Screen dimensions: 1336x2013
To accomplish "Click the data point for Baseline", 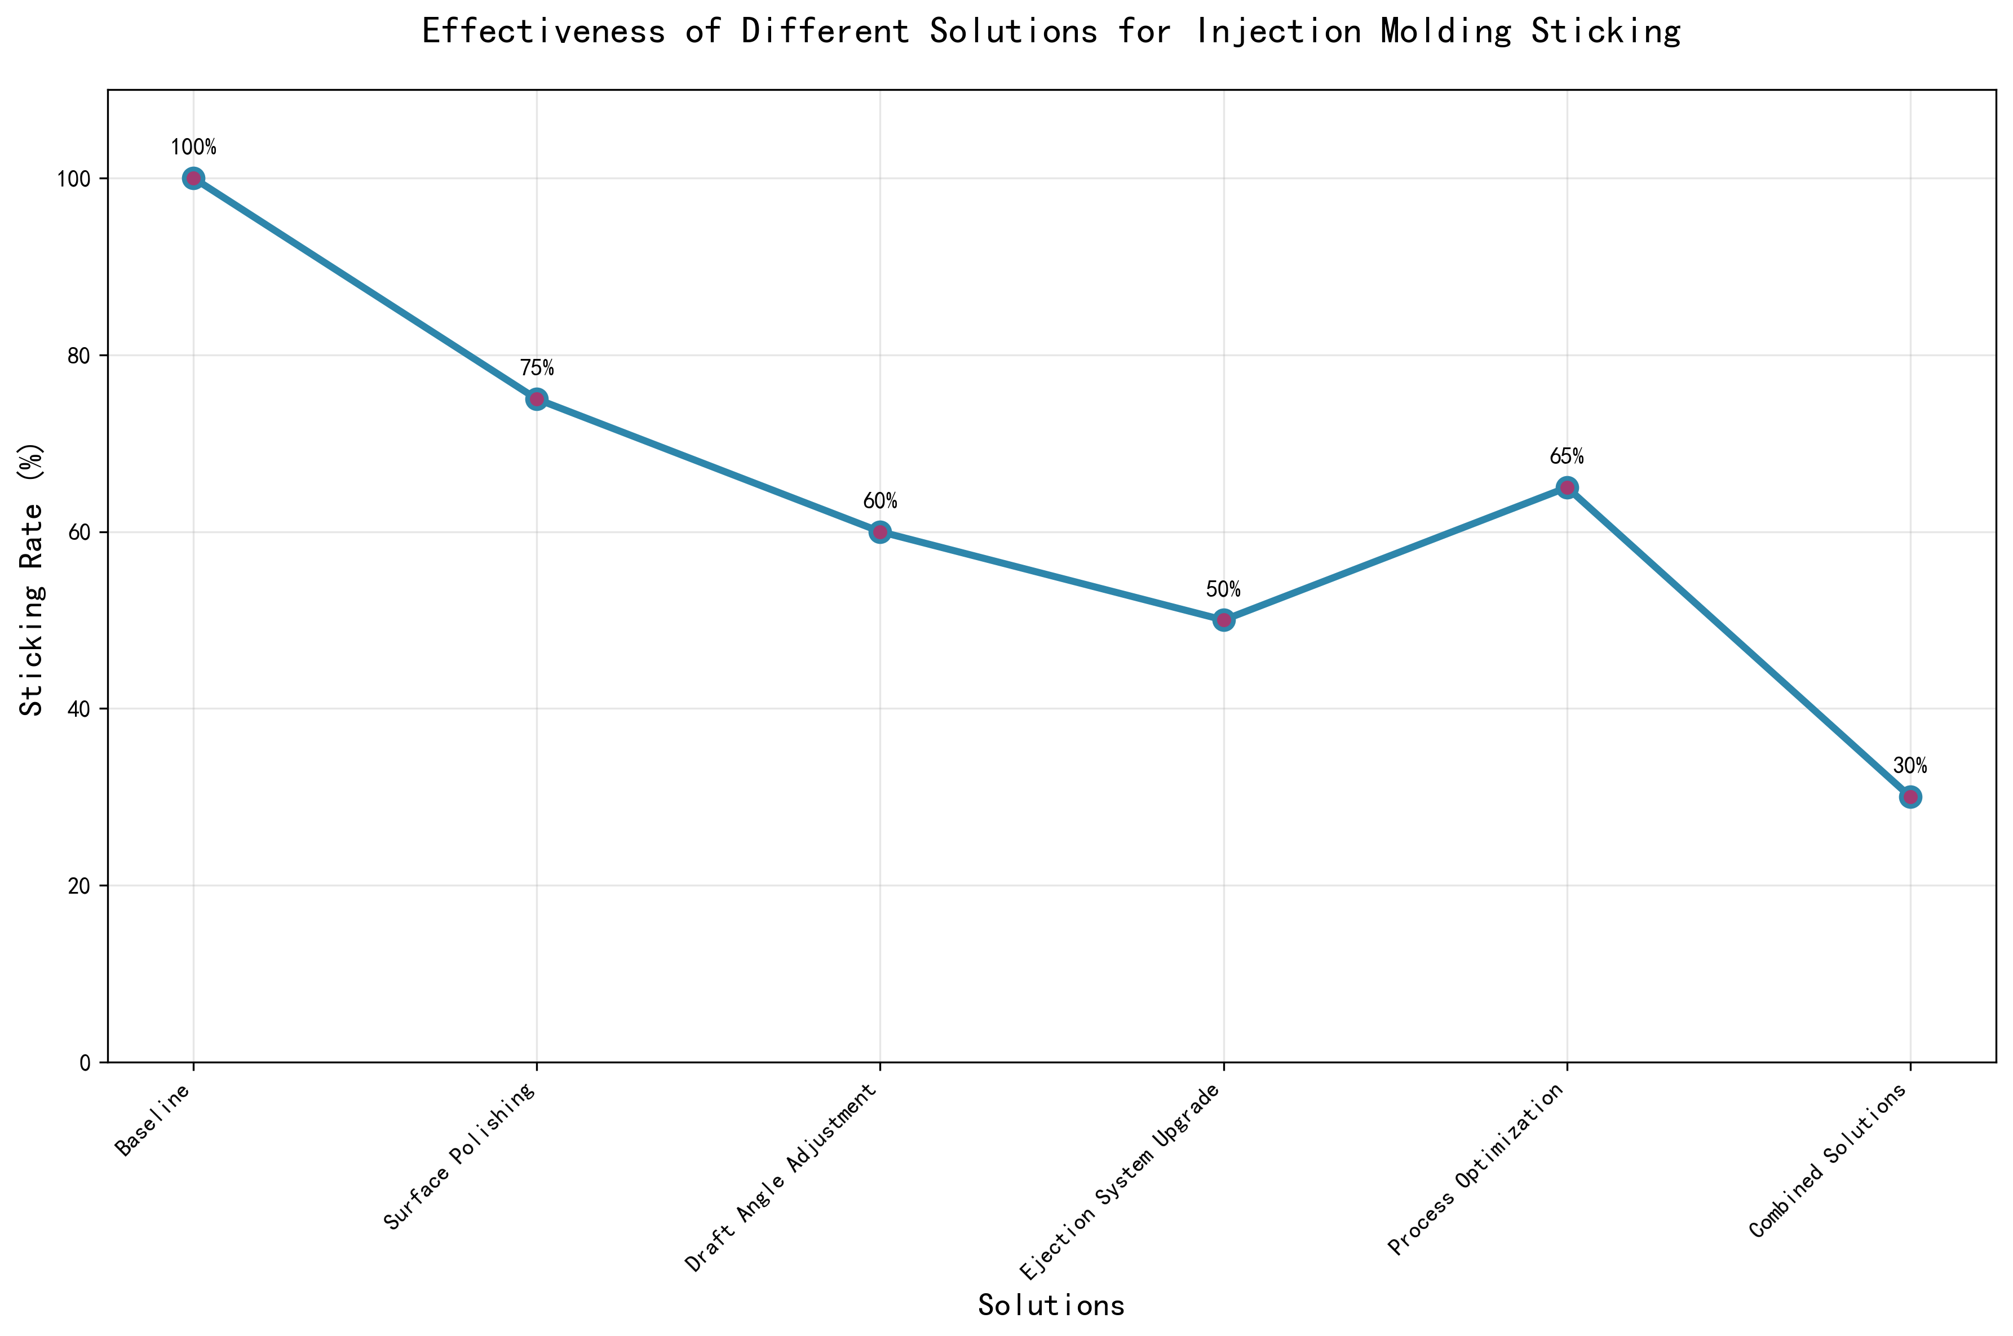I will [x=193, y=178].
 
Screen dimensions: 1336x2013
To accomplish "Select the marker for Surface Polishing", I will [x=536, y=400].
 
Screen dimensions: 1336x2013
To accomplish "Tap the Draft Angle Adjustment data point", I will [x=879, y=532].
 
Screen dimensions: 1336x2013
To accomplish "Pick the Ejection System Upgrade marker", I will [x=1223, y=620].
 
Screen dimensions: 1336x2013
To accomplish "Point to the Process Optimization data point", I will [x=1567, y=487].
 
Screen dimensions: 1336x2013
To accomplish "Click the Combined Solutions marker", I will [x=1910, y=797].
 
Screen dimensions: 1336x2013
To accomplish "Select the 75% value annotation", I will [x=537, y=368].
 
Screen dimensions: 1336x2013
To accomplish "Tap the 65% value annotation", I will [x=1567, y=456].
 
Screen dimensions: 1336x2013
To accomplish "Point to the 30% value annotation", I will [x=1910, y=766].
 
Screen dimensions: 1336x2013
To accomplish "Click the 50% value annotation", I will [x=1223, y=589].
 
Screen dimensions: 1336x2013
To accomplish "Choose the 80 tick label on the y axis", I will [x=78, y=356].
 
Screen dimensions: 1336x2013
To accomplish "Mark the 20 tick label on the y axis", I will [x=78, y=886].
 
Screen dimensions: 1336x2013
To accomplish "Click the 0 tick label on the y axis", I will [x=85, y=1063].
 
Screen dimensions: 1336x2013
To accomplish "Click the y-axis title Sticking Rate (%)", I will [x=32, y=579].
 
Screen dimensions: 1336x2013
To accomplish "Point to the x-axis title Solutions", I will [x=1051, y=1306].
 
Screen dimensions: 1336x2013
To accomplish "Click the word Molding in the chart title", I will [x=1445, y=32].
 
